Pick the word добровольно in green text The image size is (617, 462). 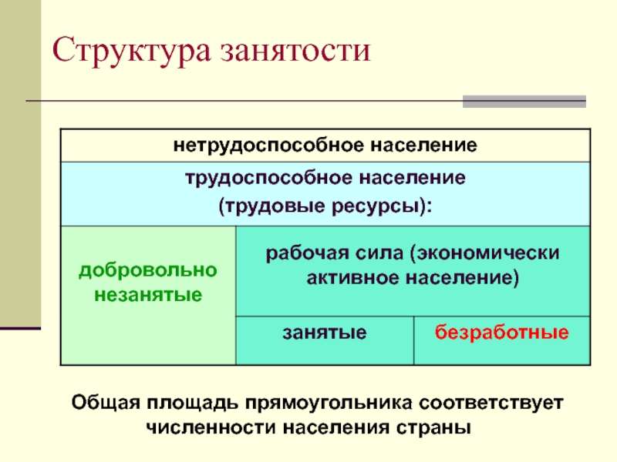(x=148, y=271)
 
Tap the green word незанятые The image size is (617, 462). (x=148, y=294)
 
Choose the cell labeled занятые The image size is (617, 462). (x=324, y=333)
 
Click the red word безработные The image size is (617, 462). (x=502, y=333)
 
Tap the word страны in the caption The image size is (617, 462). (x=434, y=427)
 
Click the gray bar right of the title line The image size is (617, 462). (x=524, y=102)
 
